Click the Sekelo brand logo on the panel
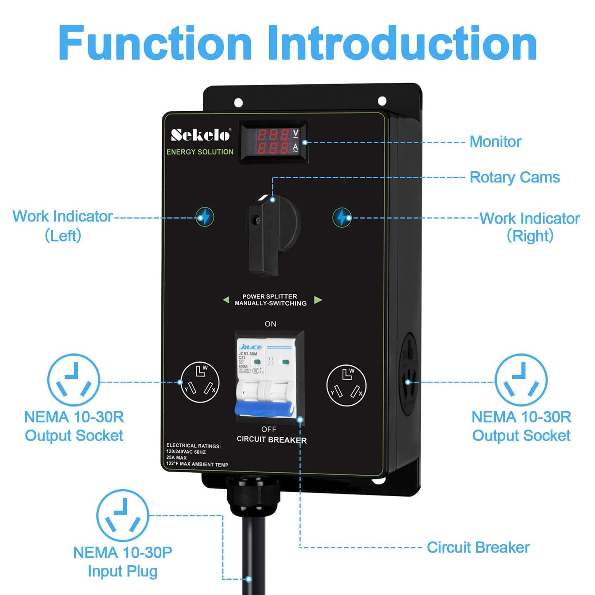point(201,135)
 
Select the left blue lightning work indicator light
point(205,217)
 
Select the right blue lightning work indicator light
point(341,217)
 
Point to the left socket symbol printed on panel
point(200,383)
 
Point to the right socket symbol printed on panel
point(346,385)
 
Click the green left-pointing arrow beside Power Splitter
point(226,300)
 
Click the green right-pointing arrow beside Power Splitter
point(318,300)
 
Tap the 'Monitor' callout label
point(495,142)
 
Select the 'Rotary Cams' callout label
point(514,177)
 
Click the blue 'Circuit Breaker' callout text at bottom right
point(478,547)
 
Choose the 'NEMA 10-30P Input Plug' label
point(123,562)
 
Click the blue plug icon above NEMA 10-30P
point(123,515)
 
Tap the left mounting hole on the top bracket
point(238,103)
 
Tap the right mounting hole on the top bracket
point(382,101)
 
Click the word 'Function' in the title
point(155,43)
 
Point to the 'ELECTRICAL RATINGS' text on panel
point(194,446)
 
